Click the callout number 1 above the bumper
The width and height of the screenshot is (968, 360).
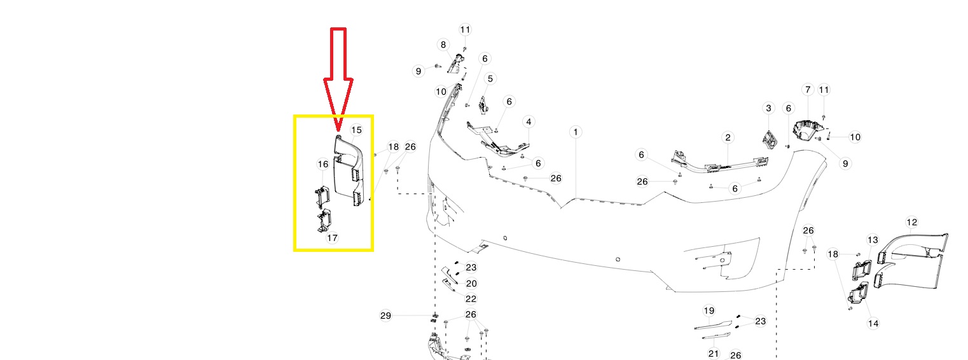[575, 132]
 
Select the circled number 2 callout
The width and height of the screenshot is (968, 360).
[728, 137]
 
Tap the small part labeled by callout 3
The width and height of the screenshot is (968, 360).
[770, 141]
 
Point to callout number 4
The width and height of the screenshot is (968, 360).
[529, 122]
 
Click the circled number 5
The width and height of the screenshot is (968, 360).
[490, 79]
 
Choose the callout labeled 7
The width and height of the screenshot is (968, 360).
[808, 90]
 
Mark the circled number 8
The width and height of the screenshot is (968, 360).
[443, 45]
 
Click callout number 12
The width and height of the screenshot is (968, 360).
[911, 222]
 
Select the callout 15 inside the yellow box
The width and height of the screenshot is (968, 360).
[356, 130]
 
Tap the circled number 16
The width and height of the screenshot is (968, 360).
[323, 164]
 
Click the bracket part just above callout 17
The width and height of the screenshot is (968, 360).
[324, 220]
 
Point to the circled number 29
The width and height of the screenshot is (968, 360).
[385, 315]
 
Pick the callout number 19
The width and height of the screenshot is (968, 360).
[709, 310]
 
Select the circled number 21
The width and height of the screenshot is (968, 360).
[714, 353]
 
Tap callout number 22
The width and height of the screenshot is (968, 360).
[471, 299]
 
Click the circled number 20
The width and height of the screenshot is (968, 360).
[471, 284]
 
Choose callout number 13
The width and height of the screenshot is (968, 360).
[873, 240]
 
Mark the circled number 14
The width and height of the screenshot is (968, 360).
[873, 323]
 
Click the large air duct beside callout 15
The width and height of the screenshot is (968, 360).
[349, 173]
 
